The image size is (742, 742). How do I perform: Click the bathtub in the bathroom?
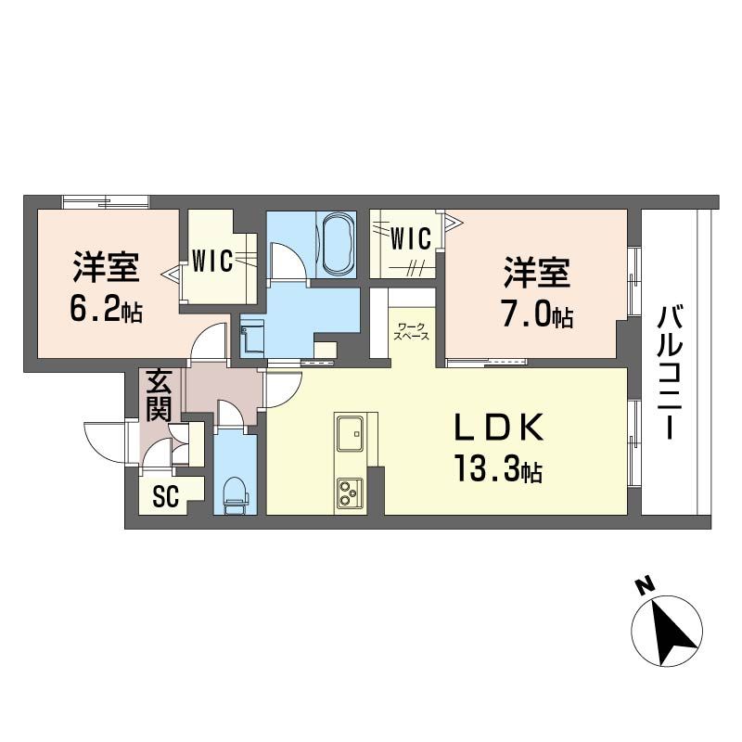pos(337,244)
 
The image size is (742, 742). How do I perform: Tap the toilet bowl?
pos(235,492)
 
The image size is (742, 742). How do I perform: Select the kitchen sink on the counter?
pos(352,432)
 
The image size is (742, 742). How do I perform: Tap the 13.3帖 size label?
pos(497,470)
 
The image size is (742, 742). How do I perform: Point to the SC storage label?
pos(165,497)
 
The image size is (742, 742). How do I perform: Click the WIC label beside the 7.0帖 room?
pos(410,239)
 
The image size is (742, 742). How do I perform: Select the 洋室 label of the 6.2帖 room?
pos(107,267)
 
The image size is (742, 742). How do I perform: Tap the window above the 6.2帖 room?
pos(106,201)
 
